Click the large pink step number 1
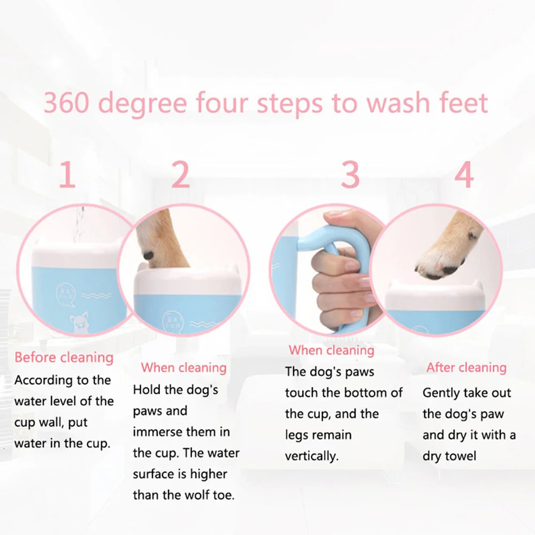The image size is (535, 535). point(67,175)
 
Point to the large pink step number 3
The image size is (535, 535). point(350,175)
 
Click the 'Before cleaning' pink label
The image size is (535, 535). point(64,357)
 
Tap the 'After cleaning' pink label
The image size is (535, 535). point(466,368)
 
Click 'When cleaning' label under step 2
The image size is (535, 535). point(184,368)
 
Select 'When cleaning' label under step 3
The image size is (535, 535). point(331,350)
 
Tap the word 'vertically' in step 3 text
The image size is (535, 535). point(311,456)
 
